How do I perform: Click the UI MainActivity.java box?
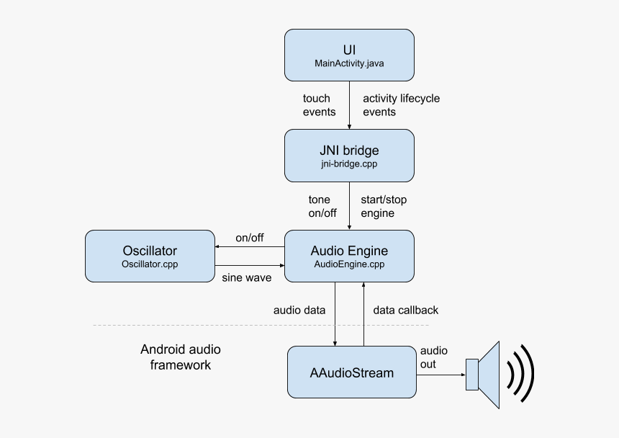click(349, 55)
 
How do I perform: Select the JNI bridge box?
click(349, 156)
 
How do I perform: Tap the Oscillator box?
click(150, 256)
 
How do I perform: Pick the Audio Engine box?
click(349, 256)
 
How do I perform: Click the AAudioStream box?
click(352, 372)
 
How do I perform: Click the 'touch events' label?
click(319, 105)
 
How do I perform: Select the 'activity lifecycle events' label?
click(401, 105)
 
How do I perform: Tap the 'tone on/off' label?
click(319, 206)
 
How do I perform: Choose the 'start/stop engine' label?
click(388, 206)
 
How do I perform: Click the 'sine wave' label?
click(246, 277)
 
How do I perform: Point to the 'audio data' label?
click(299, 310)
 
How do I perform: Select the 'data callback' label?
click(405, 310)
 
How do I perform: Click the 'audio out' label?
click(433, 357)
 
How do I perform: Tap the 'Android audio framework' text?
click(181, 357)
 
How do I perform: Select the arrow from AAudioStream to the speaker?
click(440, 374)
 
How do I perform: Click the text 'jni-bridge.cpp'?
click(349, 164)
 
